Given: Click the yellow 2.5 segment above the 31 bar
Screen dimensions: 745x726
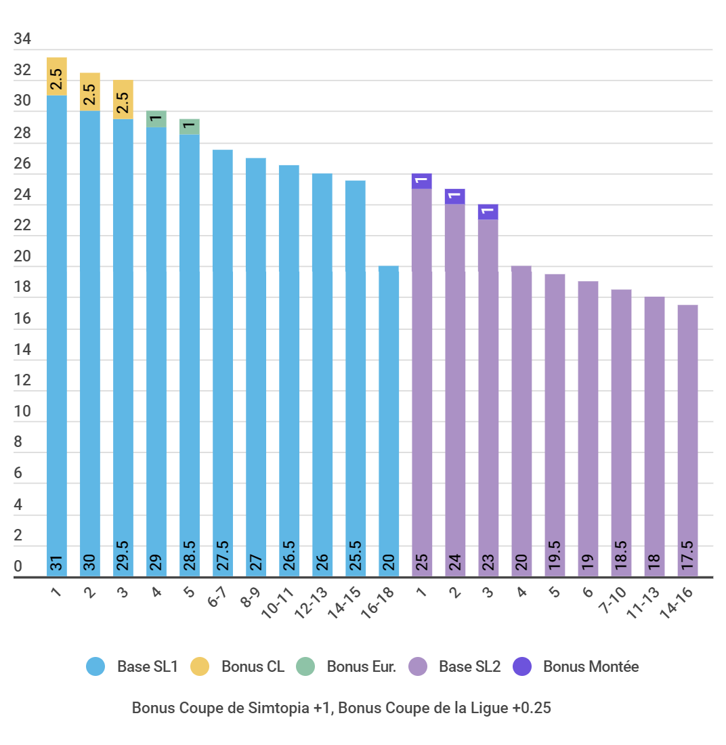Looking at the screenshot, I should click(x=57, y=77).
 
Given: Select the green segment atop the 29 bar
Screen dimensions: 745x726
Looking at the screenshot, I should click(x=156, y=119).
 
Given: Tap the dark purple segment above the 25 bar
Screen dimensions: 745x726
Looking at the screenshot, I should click(x=422, y=181).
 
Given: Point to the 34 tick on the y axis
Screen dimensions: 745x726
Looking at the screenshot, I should click(x=22, y=39).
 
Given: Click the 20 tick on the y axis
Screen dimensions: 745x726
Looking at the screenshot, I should click(x=22, y=257).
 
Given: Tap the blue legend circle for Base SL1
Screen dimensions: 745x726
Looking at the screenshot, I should click(x=95, y=667).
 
